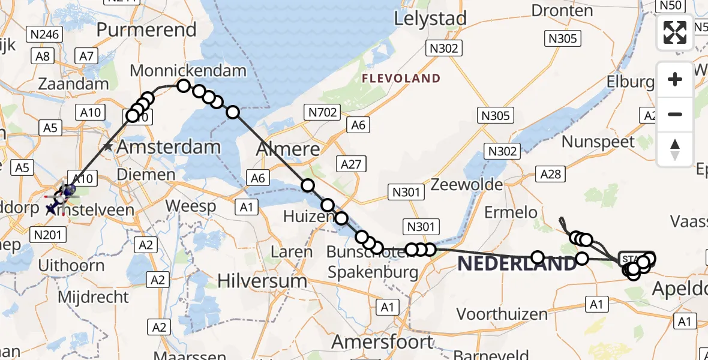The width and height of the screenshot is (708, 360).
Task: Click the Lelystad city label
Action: tap(430, 19)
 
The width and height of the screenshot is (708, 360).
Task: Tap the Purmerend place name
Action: tap(146, 29)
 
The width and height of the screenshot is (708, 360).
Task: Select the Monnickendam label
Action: tap(188, 71)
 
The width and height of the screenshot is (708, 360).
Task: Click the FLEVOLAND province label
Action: tap(401, 79)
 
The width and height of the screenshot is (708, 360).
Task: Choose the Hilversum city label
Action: tap(262, 280)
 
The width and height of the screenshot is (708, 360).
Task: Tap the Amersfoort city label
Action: tap(382, 342)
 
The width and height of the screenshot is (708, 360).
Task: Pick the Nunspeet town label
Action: tap(598, 142)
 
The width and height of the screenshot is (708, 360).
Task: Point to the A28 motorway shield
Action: tap(550, 173)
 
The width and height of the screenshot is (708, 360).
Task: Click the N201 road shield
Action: tap(47, 234)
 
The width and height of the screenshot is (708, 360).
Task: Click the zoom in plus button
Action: tap(675, 79)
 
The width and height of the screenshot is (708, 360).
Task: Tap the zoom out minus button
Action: tap(675, 114)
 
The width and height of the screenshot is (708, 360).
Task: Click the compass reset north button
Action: tap(675, 149)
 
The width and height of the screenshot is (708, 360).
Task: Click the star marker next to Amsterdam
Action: tap(107, 146)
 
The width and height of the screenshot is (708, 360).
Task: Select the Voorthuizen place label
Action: tap(502, 314)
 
